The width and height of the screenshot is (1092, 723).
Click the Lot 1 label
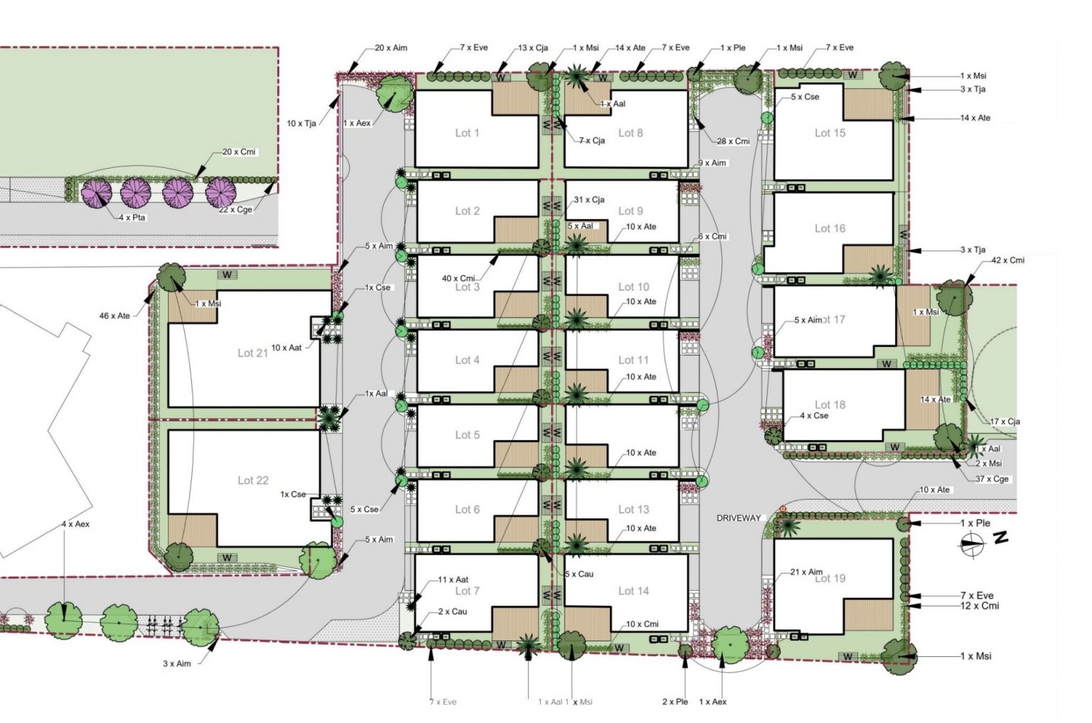(467, 133)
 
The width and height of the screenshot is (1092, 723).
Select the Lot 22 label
(253, 481)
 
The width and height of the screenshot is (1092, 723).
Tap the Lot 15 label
(830, 133)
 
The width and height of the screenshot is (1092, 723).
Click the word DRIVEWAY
(739, 518)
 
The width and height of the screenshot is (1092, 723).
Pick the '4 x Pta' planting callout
(132, 218)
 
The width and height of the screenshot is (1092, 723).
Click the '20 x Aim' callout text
(391, 48)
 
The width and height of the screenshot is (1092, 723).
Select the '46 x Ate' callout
(114, 316)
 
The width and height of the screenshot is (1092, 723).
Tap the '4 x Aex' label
(75, 524)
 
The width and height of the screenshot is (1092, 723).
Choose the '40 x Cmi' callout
(458, 278)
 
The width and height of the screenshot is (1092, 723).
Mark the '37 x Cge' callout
(992, 478)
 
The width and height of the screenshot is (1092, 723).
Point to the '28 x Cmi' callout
(733, 141)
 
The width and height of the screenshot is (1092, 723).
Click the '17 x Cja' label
(1005, 422)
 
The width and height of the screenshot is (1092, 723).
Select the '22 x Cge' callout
(235, 210)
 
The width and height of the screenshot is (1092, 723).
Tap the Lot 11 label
(633, 360)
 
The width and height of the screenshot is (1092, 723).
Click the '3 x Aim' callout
(176, 663)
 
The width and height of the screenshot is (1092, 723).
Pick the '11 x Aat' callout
(453, 579)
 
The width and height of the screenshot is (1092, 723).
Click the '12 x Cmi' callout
(980, 606)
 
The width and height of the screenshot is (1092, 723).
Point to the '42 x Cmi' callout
(1007, 260)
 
